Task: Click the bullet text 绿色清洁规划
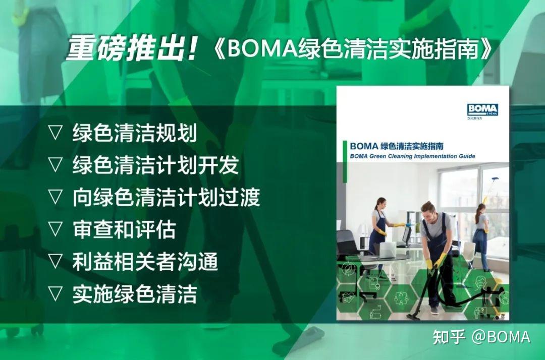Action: click(x=134, y=133)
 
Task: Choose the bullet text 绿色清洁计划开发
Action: click(x=155, y=165)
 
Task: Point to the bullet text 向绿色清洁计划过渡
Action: click(x=166, y=197)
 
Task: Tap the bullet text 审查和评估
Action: click(x=124, y=229)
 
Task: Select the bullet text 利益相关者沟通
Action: click(x=145, y=262)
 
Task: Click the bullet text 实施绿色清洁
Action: click(x=134, y=294)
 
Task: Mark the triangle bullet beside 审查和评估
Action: click(x=55, y=229)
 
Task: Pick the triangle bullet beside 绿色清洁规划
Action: click(x=55, y=133)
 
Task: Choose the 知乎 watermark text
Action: click(x=448, y=336)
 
